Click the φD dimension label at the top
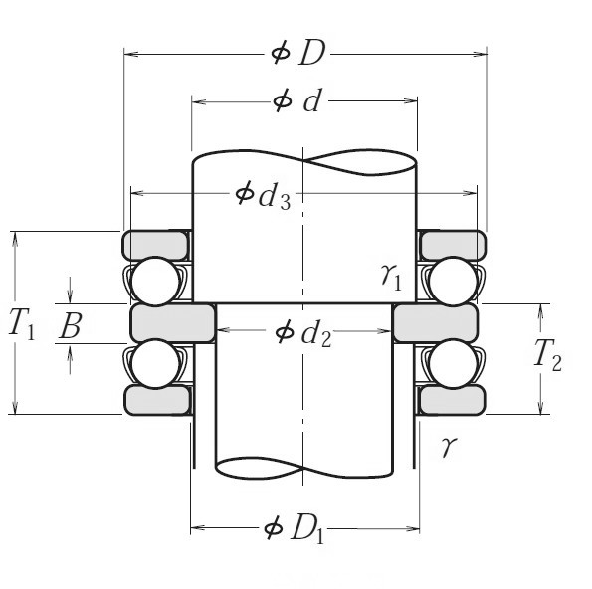(x=298, y=53)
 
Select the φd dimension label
(x=297, y=101)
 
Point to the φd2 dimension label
(x=302, y=333)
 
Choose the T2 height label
(x=547, y=354)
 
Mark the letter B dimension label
(x=70, y=324)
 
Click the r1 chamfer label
(x=392, y=277)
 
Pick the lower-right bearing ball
(x=451, y=364)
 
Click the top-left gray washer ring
(x=156, y=244)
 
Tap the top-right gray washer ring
(x=452, y=244)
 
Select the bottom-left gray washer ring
(x=156, y=399)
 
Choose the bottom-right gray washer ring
(x=452, y=399)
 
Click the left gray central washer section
(x=172, y=322)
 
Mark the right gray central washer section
(x=436, y=322)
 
